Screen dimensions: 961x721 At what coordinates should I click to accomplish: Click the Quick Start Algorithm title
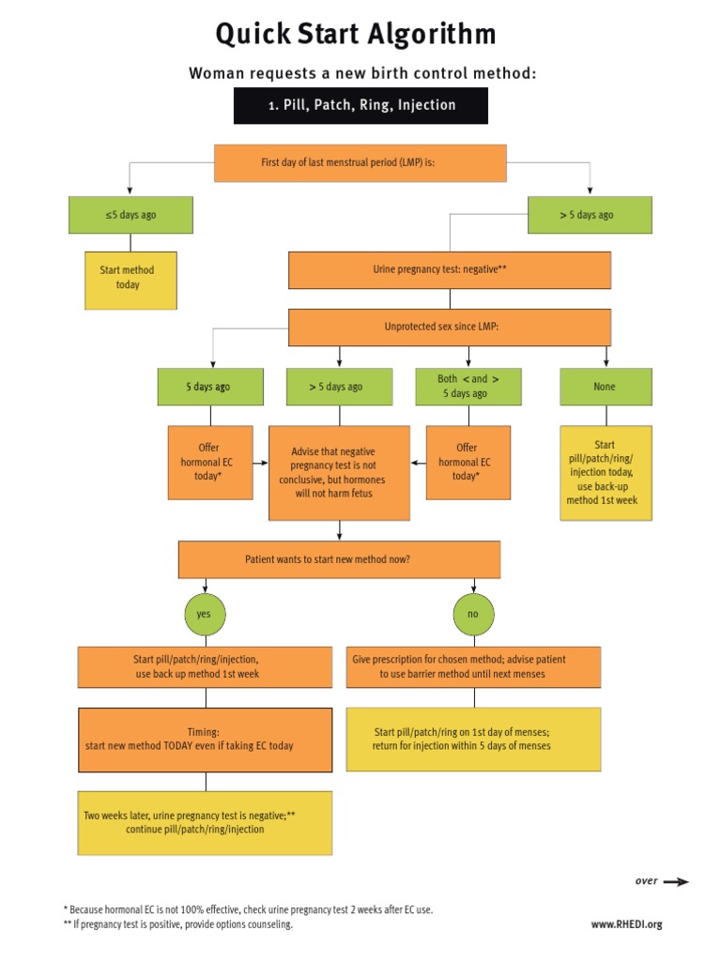click(x=356, y=35)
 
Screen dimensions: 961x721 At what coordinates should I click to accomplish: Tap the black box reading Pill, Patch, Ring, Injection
click(x=360, y=105)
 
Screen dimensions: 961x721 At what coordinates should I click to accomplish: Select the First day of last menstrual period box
click(x=360, y=162)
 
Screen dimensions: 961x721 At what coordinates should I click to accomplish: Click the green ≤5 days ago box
click(x=130, y=215)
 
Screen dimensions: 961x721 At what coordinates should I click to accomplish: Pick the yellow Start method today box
click(x=130, y=278)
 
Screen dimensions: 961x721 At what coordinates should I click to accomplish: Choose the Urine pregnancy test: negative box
click(x=449, y=269)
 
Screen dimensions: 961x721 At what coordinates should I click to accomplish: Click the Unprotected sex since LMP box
click(x=449, y=328)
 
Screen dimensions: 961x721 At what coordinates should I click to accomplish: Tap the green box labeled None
click(x=606, y=387)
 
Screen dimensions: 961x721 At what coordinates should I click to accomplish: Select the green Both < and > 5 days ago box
click(x=468, y=387)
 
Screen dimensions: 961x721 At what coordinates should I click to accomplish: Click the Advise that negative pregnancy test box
click(x=339, y=472)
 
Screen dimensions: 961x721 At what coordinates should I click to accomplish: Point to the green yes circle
click(x=205, y=615)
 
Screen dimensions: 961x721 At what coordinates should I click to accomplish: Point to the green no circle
click(x=473, y=615)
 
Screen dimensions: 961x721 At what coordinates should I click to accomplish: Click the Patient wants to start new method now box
click(x=339, y=559)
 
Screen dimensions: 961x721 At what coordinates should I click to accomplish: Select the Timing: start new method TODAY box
click(x=205, y=740)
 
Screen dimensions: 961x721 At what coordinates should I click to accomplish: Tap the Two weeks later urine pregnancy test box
click(x=205, y=823)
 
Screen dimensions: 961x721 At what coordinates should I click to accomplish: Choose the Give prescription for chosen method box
click(x=473, y=667)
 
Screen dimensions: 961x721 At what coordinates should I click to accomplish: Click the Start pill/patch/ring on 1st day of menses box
click(x=473, y=740)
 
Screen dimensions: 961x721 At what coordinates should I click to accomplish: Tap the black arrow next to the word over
click(x=676, y=881)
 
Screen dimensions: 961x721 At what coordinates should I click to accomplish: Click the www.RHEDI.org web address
click(x=626, y=924)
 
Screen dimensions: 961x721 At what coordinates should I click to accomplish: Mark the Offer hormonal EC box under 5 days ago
click(x=210, y=463)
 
